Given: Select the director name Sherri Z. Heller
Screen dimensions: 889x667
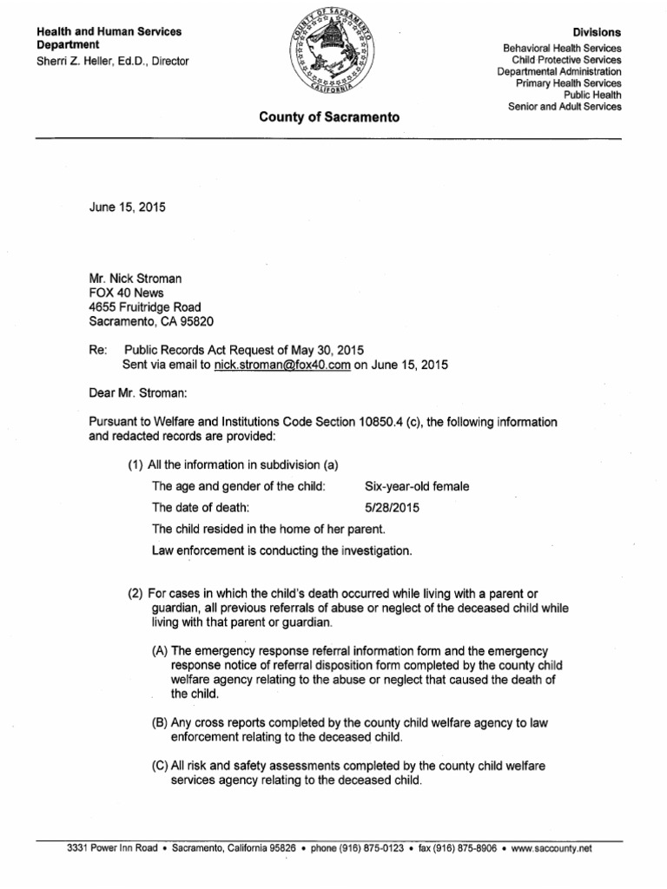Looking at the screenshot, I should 85,61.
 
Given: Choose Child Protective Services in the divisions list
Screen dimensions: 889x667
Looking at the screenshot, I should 566,60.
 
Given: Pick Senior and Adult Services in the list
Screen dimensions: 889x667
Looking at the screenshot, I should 565,106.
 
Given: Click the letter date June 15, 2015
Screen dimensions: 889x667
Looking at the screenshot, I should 128,207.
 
